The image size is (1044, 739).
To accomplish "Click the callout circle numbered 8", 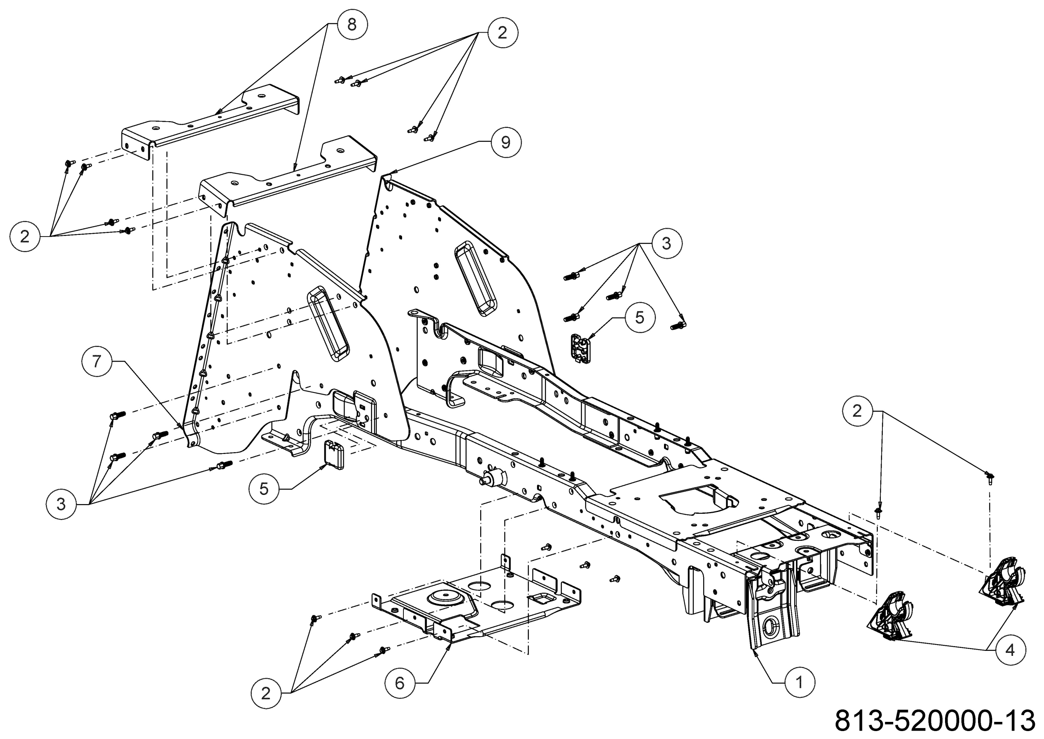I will tap(352, 25).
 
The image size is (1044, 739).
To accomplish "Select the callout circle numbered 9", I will tap(505, 143).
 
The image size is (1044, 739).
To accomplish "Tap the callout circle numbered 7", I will tap(96, 362).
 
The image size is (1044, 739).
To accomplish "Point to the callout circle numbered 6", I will tap(400, 683).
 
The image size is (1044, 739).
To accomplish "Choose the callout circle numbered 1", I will tap(799, 683).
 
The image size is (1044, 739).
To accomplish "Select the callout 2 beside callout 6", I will tap(266, 693).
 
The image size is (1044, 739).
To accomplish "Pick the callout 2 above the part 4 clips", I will tap(857, 411).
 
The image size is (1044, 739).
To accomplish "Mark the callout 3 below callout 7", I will tap(61, 504).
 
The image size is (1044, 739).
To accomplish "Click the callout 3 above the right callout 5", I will tap(666, 243).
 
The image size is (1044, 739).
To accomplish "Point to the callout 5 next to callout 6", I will tap(264, 489).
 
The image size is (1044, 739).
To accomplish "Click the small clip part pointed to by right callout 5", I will tap(579, 349).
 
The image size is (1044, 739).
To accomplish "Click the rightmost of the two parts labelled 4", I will tap(1000, 585).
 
